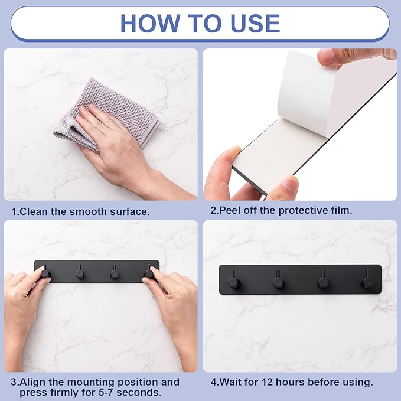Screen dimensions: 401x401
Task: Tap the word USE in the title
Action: click(x=255, y=23)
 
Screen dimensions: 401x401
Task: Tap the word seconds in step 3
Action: click(x=139, y=392)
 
